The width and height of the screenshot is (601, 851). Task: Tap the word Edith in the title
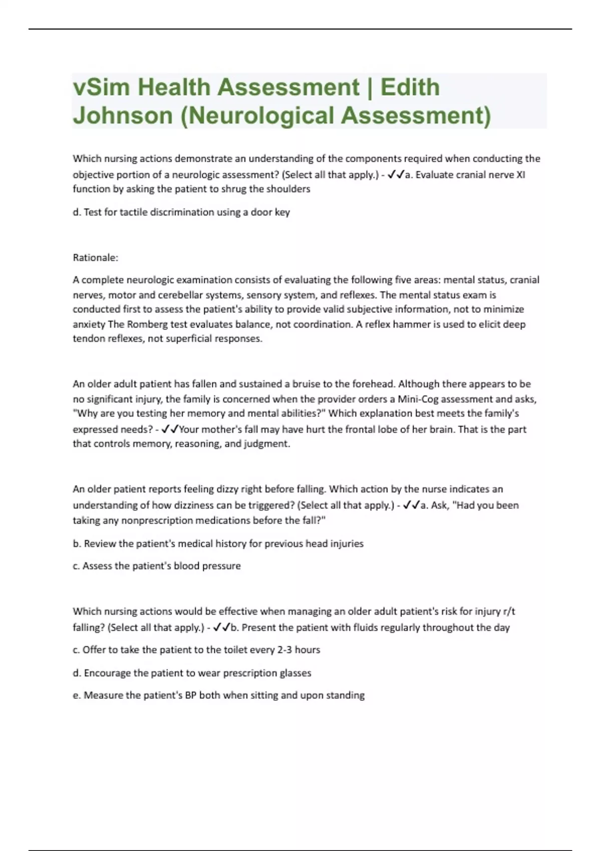pyautogui.click(x=410, y=88)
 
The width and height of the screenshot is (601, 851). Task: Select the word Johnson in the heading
pyautogui.click(x=123, y=116)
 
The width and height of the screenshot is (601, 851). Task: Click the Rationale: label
pyautogui.click(x=95, y=258)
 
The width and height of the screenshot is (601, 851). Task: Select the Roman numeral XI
pyautogui.click(x=520, y=175)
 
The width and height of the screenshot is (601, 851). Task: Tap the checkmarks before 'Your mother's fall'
pyautogui.click(x=170, y=429)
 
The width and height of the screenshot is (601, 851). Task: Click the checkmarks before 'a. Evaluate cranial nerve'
pyautogui.click(x=396, y=175)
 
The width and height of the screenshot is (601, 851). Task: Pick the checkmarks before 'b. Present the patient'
pyautogui.click(x=222, y=627)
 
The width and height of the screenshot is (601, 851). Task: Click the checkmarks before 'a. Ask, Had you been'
pyautogui.click(x=412, y=505)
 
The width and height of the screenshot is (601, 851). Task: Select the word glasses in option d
pyautogui.click(x=295, y=673)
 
